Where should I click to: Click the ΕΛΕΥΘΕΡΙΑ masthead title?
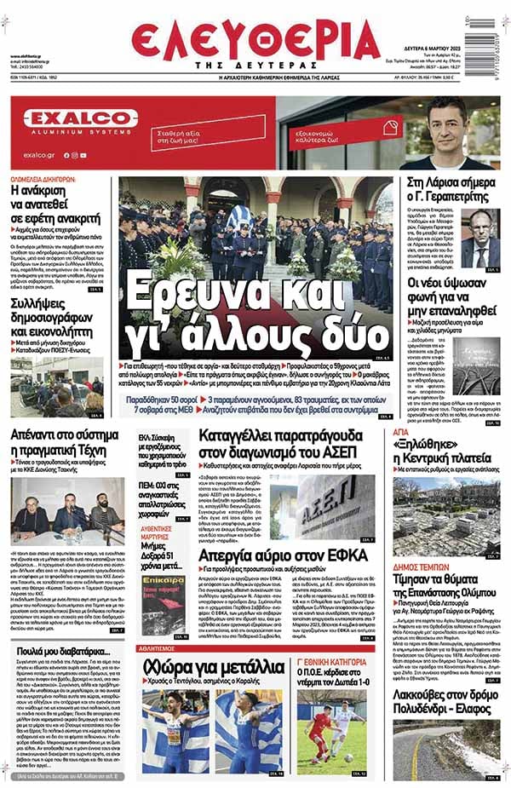coord(255,39)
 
